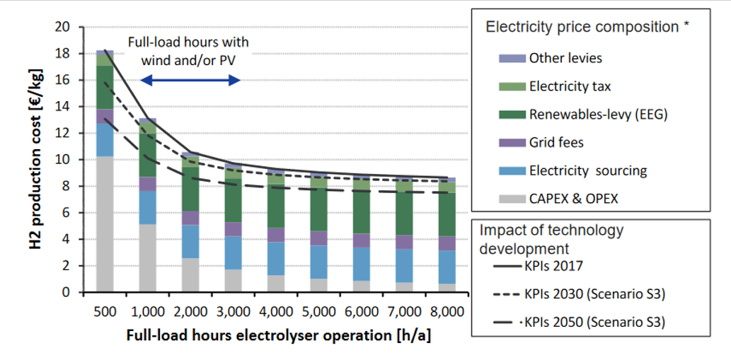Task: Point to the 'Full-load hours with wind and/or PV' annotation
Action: point(188,51)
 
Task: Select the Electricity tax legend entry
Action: point(569,86)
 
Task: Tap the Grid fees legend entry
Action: point(556,142)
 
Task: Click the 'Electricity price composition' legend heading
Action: point(587,28)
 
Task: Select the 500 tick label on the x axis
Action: point(104,311)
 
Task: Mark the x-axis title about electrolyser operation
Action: point(278,337)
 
